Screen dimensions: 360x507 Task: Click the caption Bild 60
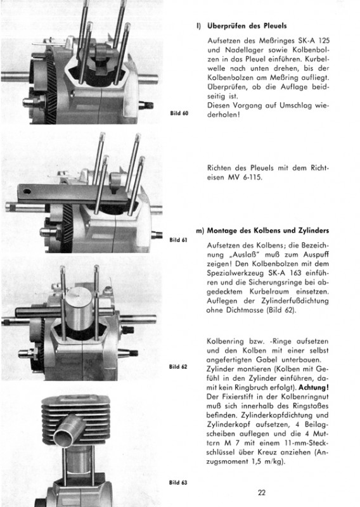click(x=179, y=113)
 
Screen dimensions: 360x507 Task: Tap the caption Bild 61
click(x=178, y=240)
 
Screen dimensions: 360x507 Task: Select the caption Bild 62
click(x=178, y=367)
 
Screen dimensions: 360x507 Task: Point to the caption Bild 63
click(x=178, y=482)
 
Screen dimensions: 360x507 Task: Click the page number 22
click(x=262, y=492)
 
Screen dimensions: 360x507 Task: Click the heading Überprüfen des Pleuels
click(x=247, y=26)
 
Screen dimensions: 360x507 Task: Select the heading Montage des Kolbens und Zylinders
click(x=268, y=231)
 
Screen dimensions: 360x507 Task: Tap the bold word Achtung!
click(x=314, y=387)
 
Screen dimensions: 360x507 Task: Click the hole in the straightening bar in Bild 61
click(x=27, y=192)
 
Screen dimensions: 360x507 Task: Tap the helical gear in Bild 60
click(x=51, y=87)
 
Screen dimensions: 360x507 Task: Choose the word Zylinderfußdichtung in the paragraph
click(x=295, y=300)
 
